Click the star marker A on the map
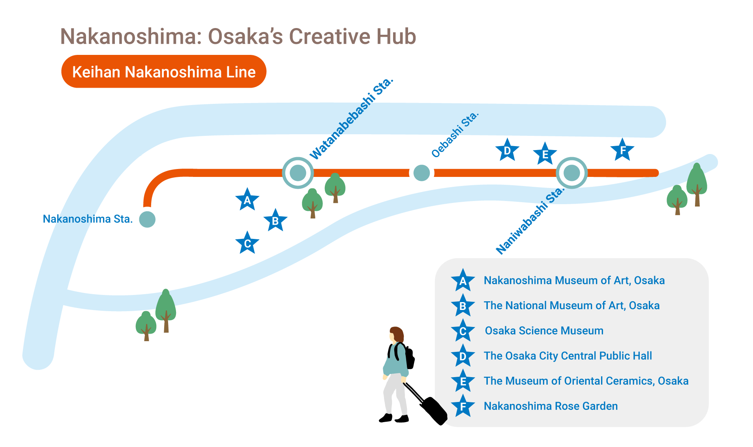click(247, 200)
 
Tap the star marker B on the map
click(275, 220)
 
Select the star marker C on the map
click(247, 243)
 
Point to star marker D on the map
click(507, 150)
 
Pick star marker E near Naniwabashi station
click(545, 154)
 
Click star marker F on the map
click(622, 150)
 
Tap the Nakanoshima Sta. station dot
click(147, 219)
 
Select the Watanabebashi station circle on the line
click(298, 173)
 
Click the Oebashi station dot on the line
click(421, 173)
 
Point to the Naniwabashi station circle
click(572, 173)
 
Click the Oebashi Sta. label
click(455, 135)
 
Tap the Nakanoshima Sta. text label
click(88, 219)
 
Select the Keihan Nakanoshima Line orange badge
click(164, 71)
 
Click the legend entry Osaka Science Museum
click(544, 331)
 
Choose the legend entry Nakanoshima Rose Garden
click(551, 406)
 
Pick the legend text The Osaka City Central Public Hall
click(568, 356)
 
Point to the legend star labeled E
click(463, 381)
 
